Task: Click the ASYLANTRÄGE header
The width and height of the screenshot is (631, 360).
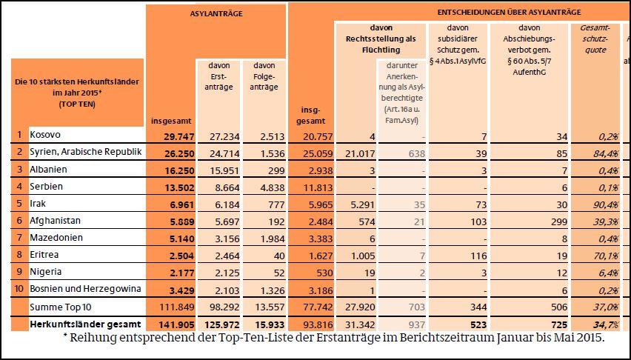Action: pos(216,13)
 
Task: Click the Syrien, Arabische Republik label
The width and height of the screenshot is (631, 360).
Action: pos(84,153)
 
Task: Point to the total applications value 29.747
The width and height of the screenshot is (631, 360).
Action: pos(170,136)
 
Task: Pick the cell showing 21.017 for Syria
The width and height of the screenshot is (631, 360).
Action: pos(359,153)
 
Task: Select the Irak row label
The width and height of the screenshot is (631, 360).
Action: pos(39,204)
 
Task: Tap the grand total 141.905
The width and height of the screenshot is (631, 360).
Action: pos(170,324)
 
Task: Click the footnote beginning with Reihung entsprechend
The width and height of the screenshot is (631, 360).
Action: pos(334,339)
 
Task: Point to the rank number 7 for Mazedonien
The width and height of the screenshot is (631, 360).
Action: pos(19,238)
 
